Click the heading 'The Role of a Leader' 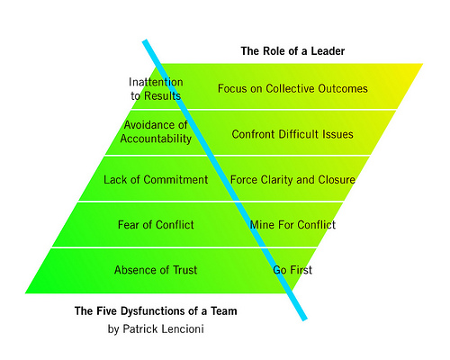tap(292, 51)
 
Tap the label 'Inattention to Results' tap(156, 89)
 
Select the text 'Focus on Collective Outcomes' tap(292, 88)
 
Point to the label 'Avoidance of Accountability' tap(156, 131)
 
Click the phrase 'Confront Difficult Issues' tap(292, 134)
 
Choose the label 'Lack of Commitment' tap(156, 180)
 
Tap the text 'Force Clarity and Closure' tap(292, 180)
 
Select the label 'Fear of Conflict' tap(156, 225)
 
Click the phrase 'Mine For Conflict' tap(292, 225)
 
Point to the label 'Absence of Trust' tap(156, 270)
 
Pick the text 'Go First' tap(292, 270)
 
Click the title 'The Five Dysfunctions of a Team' tap(156, 311)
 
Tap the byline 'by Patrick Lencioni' tap(156, 329)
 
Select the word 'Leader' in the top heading tap(328, 51)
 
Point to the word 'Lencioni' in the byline tap(183, 328)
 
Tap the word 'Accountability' tap(156, 139)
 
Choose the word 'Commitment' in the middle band tap(175, 180)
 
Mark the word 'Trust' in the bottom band tap(185, 270)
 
